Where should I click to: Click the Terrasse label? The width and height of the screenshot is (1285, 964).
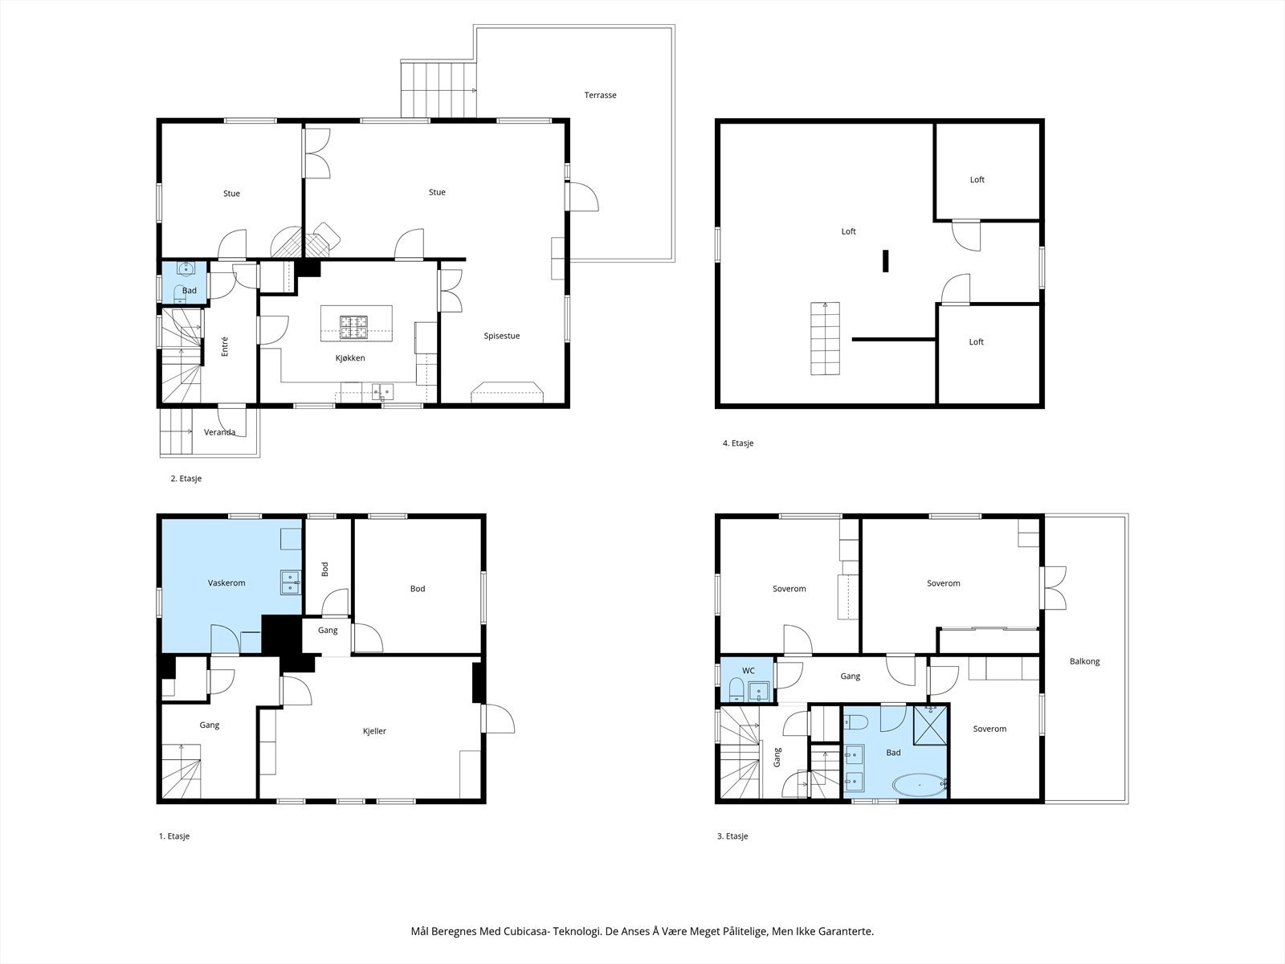[x=600, y=95]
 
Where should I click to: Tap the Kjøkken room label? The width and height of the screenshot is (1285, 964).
[x=350, y=357]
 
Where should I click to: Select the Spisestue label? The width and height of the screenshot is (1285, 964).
[x=502, y=336]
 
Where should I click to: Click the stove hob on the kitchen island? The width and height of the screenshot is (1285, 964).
[x=354, y=327]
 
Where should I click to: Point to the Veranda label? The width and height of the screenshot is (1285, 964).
[x=219, y=432]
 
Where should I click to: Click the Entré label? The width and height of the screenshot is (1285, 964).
[x=225, y=346]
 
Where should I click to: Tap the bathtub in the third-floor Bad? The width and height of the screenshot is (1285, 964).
[x=919, y=784]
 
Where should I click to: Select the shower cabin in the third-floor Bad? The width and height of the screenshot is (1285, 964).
[x=930, y=725]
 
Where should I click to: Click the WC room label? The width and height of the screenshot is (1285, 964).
[x=749, y=671]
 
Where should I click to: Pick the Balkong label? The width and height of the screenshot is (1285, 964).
[x=1084, y=661]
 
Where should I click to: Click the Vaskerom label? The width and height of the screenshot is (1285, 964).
[x=226, y=583]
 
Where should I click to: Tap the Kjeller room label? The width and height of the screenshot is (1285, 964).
[x=374, y=731]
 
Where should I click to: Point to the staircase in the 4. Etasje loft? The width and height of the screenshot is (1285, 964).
[x=825, y=338]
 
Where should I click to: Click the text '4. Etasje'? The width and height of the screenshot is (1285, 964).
[x=737, y=443]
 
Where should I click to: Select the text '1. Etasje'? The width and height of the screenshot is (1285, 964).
[x=173, y=835]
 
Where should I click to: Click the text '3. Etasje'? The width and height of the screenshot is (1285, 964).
[x=732, y=835]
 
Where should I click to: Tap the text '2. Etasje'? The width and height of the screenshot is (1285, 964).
[x=186, y=478]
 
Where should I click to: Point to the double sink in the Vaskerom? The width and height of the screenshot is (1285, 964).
[x=291, y=582]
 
